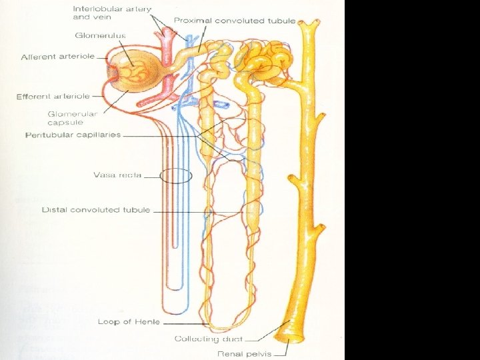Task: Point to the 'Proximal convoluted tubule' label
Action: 234,21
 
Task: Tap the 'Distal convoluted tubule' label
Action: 95,210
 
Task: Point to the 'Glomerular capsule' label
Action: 72,117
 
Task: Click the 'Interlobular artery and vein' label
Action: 111,13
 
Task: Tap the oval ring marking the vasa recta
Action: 177,176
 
